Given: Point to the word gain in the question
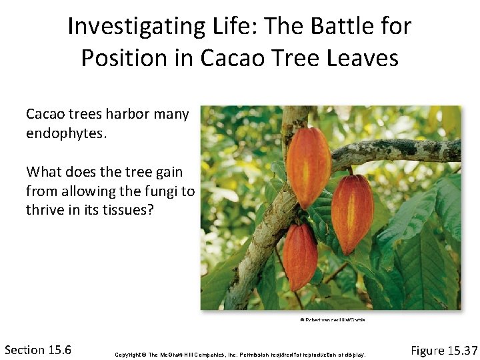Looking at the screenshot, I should [168, 173].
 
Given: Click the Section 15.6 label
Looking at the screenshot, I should [38, 350].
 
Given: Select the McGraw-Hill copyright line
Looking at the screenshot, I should [240, 353].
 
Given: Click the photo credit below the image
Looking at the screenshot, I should [331, 319].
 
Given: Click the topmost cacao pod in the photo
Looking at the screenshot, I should [308, 167].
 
